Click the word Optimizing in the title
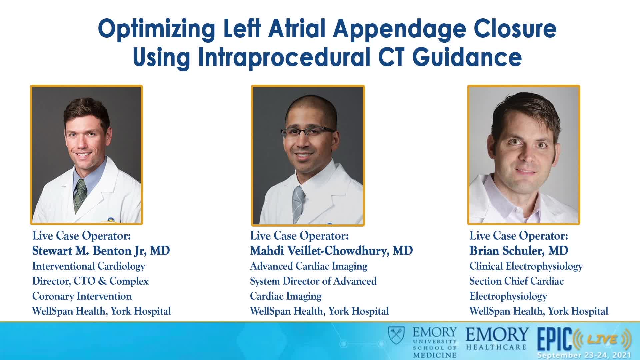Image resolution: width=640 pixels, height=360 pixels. pos(157,29)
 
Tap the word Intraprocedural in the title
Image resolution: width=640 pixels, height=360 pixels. pos(284,57)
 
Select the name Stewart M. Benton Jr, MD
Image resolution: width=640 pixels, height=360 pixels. pos(101,251)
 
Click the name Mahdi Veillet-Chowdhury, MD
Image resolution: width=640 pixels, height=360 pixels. pos(331,251)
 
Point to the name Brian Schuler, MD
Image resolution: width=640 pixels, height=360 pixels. pos(519,251)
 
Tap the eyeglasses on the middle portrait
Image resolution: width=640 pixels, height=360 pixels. pos(308,133)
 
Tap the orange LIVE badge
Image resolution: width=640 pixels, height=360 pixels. pos(603,339)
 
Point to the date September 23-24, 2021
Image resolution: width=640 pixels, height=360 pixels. pos(584,355)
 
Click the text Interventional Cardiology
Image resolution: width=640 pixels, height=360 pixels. pos(89,266)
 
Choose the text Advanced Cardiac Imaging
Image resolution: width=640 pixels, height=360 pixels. pos(309,266)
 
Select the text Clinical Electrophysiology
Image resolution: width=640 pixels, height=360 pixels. pos(526,266)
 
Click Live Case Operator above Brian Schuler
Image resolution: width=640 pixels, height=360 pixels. pos(519,236)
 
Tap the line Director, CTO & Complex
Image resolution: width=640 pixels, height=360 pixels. pos(90,281)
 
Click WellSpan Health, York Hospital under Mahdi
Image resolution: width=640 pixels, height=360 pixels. pos(319,311)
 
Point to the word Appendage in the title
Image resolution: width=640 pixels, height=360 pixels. pos(399,29)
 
